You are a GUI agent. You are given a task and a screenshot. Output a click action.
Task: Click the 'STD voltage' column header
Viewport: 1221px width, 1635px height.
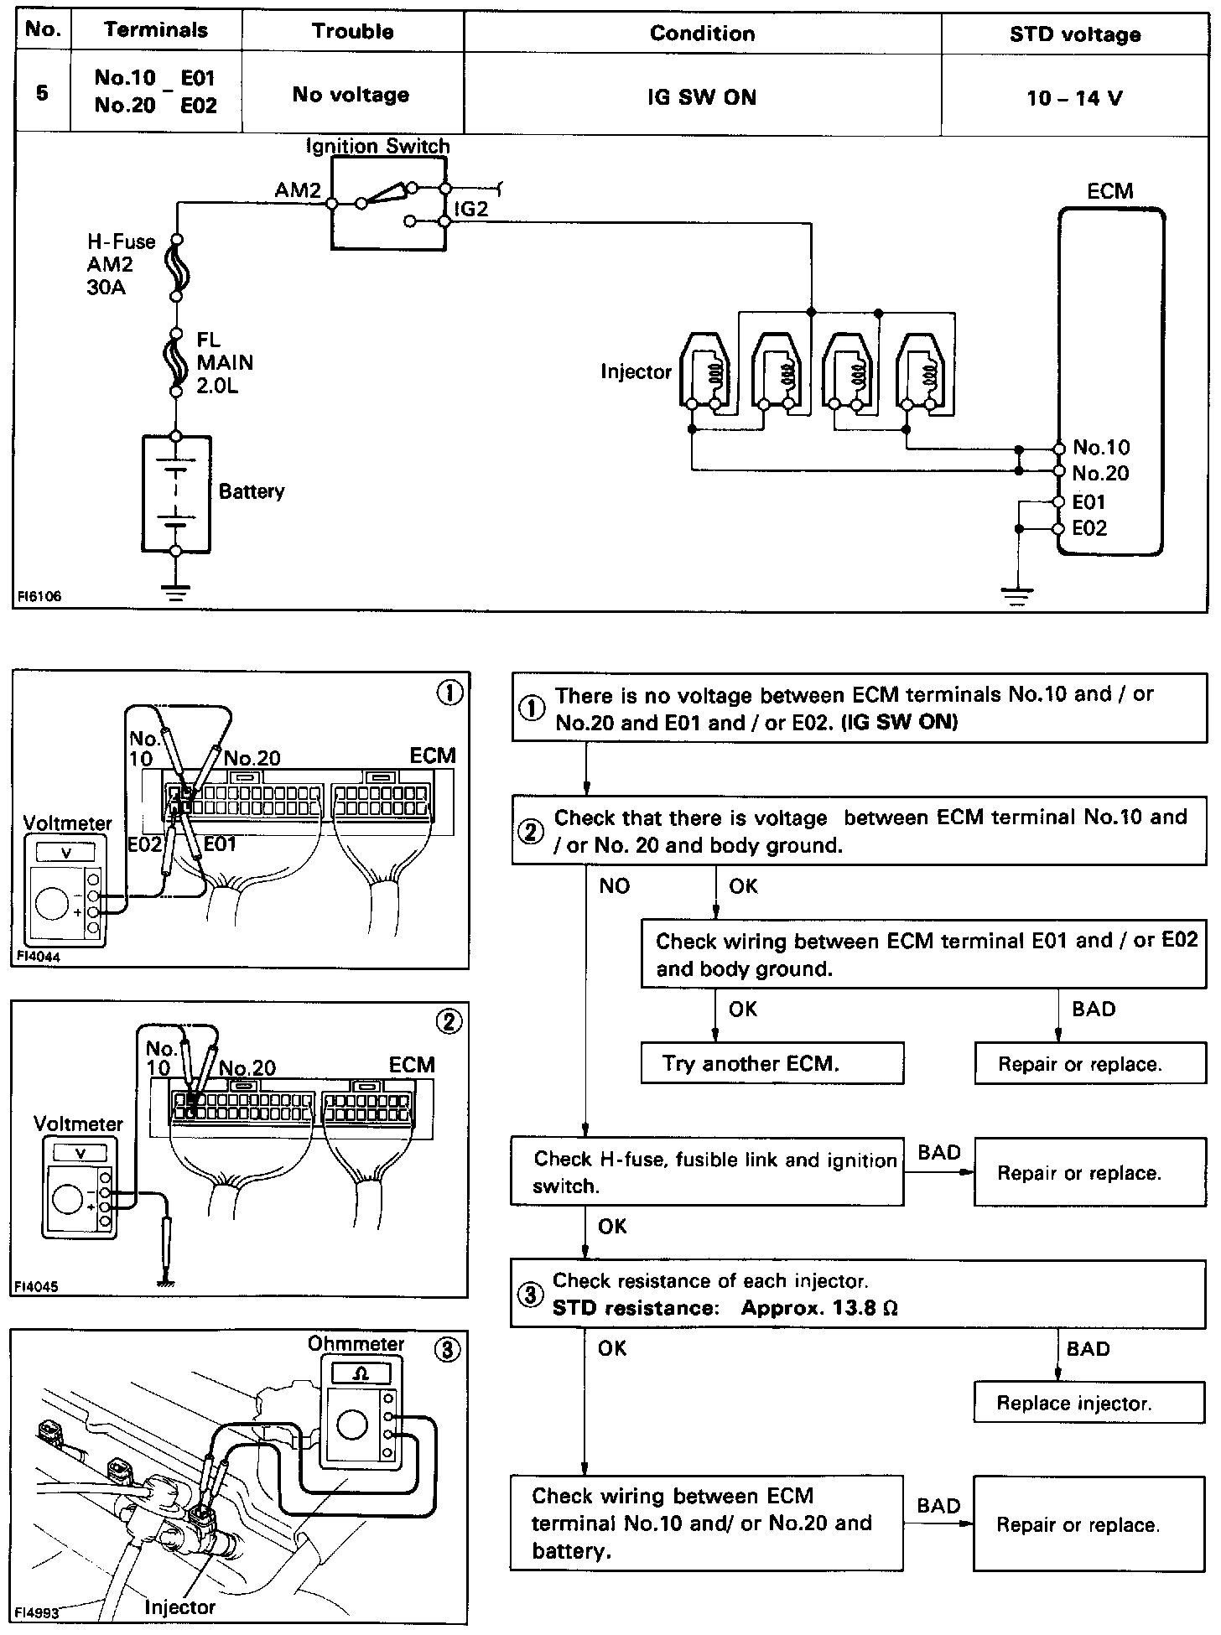(1074, 34)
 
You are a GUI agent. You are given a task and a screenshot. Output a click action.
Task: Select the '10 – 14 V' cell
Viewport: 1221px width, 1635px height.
(1074, 98)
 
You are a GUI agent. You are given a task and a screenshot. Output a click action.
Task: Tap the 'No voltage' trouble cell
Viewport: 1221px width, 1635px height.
(351, 95)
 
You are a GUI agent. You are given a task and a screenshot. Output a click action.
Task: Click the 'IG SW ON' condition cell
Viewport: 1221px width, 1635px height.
(702, 97)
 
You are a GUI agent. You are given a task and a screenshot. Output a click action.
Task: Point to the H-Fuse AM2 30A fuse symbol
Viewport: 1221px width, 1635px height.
(178, 267)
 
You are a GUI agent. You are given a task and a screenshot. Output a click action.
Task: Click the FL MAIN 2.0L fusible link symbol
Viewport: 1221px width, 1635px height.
(176, 362)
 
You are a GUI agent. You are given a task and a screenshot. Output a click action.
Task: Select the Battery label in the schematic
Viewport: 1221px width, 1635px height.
(251, 491)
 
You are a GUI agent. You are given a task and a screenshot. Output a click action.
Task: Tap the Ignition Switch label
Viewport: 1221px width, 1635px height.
(377, 146)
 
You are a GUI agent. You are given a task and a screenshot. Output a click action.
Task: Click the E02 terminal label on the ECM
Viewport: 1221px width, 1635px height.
(1089, 528)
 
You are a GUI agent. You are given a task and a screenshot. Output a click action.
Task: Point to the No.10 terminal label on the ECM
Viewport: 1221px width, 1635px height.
(1101, 448)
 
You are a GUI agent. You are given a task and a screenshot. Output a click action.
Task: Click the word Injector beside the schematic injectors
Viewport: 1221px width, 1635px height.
(636, 371)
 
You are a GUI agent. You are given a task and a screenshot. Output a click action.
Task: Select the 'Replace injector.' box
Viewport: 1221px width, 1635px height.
(1089, 1404)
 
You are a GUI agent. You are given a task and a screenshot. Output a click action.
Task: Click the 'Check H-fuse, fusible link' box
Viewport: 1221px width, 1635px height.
(707, 1172)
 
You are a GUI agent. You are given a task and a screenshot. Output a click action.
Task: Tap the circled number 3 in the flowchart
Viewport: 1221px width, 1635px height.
(530, 1295)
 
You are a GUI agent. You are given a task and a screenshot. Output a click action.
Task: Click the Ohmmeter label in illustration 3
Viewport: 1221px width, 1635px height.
(356, 1344)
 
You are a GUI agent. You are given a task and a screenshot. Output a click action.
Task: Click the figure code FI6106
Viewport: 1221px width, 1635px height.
(39, 597)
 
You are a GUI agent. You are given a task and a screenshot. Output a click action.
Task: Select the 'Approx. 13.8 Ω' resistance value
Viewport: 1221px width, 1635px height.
(819, 1308)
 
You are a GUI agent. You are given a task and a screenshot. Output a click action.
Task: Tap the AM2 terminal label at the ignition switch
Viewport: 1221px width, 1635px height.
(298, 190)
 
